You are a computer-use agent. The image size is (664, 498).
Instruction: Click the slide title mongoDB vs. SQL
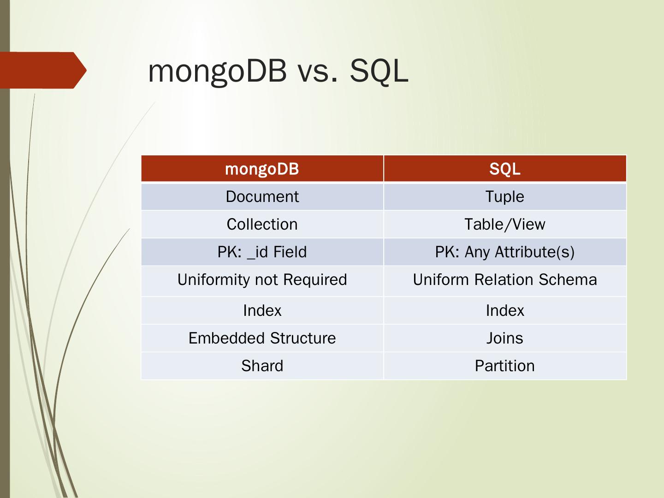click(x=278, y=71)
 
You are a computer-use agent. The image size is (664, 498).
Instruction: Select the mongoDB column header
click(x=262, y=169)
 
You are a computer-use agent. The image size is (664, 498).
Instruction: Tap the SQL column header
click(x=505, y=169)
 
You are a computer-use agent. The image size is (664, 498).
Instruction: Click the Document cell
click(x=262, y=197)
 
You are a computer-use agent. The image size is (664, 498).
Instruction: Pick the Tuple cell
click(x=505, y=197)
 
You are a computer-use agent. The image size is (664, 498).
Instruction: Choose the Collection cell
click(x=262, y=225)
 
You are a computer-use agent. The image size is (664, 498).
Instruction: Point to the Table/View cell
click(x=505, y=225)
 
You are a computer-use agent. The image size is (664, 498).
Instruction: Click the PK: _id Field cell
click(x=262, y=252)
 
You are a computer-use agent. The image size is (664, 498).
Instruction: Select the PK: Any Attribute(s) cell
click(x=505, y=252)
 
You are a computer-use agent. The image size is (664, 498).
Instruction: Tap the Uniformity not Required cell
click(x=262, y=280)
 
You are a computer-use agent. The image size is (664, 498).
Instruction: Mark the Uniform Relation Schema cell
click(x=505, y=280)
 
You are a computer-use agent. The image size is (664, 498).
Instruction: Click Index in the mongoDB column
click(x=262, y=311)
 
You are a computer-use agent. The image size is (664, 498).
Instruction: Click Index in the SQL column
click(x=505, y=311)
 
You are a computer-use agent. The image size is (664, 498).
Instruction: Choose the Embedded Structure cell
click(x=262, y=338)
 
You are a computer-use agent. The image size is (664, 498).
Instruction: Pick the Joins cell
click(x=505, y=338)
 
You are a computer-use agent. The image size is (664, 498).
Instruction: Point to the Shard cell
click(x=262, y=366)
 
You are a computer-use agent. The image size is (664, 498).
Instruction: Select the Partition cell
click(x=505, y=366)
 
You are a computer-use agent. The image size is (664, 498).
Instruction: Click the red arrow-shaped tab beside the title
click(x=44, y=70)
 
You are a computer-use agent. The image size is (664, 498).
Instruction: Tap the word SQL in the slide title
click(x=379, y=71)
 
